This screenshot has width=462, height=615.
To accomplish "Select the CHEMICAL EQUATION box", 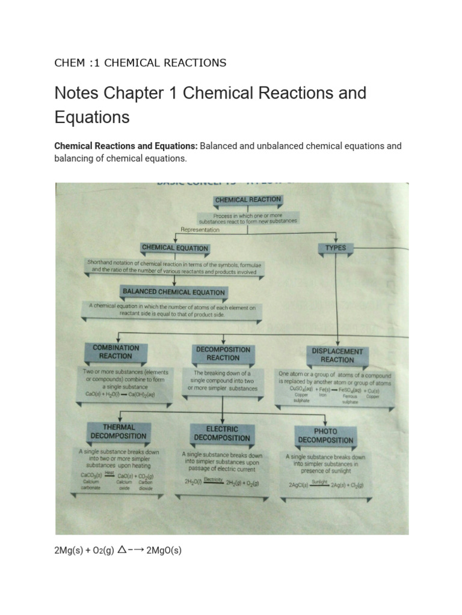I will point(174,247).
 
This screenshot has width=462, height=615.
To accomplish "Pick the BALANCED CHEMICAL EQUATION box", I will point(174,292).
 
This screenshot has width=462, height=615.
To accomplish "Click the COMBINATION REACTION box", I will point(115,351).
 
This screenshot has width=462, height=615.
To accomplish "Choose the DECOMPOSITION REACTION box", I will point(223,353).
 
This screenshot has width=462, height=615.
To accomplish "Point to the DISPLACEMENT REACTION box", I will point(337,355).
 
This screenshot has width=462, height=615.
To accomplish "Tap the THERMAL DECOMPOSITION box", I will point(118,431).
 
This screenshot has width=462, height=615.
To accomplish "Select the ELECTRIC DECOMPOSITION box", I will point(222,434).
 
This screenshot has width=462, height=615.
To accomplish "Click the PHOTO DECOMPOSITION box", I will point(325,435).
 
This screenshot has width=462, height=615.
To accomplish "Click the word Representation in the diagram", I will point(200,229).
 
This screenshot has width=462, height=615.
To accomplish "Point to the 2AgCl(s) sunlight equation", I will point(325,484).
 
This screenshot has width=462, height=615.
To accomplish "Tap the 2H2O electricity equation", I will point(223,481).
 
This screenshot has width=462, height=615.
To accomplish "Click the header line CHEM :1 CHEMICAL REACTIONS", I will point(140,62).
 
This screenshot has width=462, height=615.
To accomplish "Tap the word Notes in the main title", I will point(76,93).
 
